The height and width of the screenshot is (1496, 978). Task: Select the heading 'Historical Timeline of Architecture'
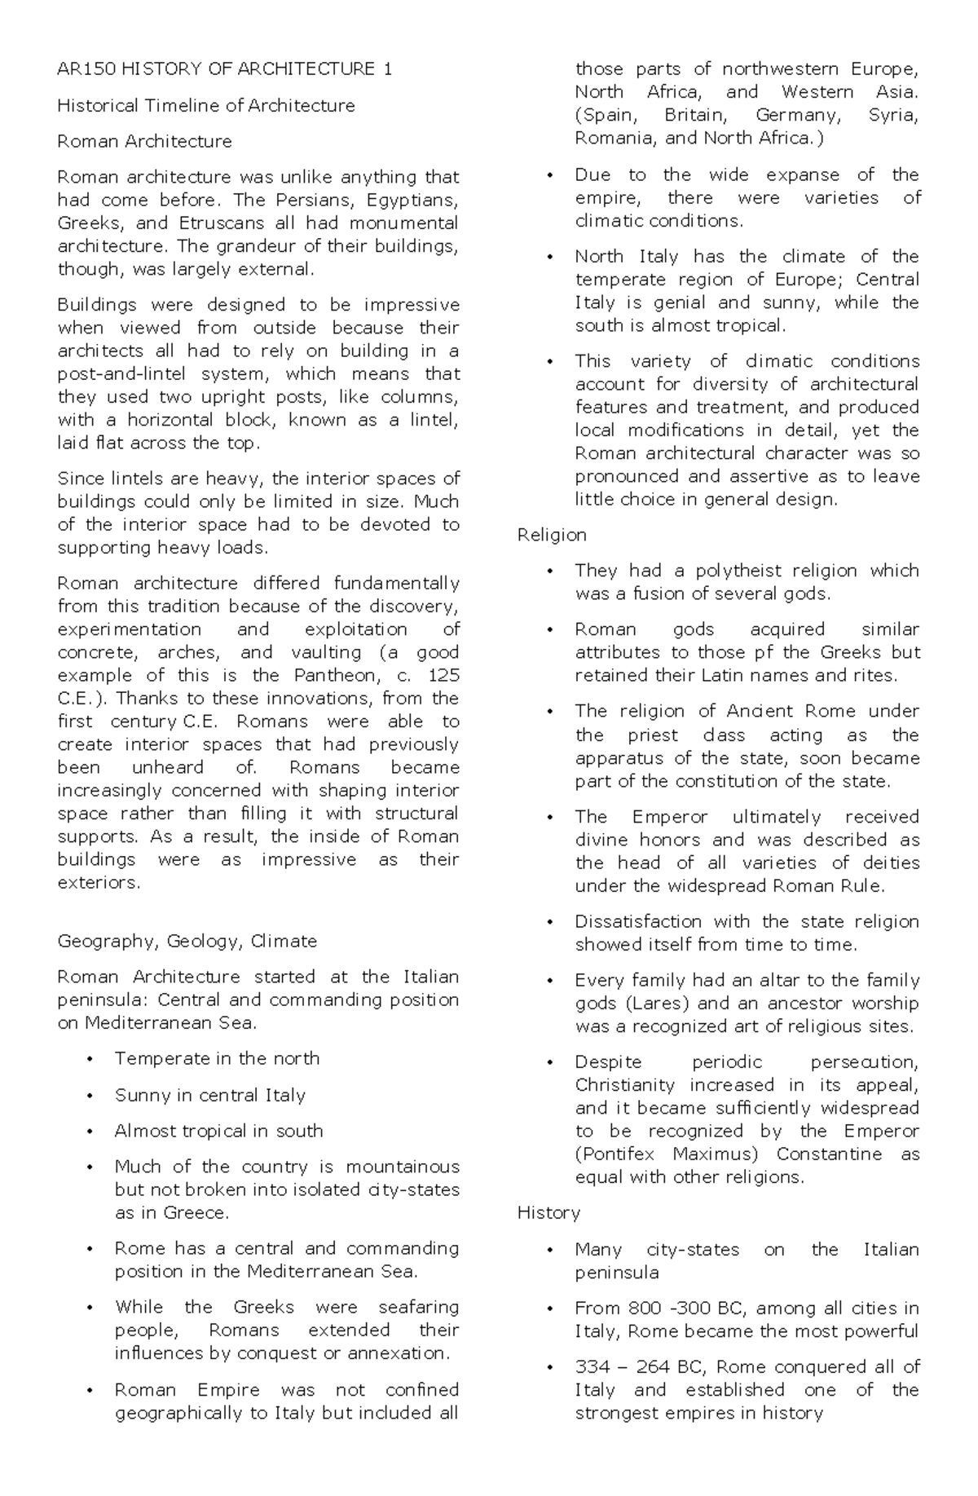205,105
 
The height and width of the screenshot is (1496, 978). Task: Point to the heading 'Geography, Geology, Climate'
187,941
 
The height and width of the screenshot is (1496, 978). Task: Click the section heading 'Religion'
552,535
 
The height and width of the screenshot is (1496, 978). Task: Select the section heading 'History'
548,1212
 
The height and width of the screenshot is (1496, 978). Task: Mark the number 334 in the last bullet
592,1366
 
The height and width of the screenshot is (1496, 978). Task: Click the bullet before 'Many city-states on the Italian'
551,1250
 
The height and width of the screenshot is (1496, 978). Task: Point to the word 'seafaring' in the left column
418,1307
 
